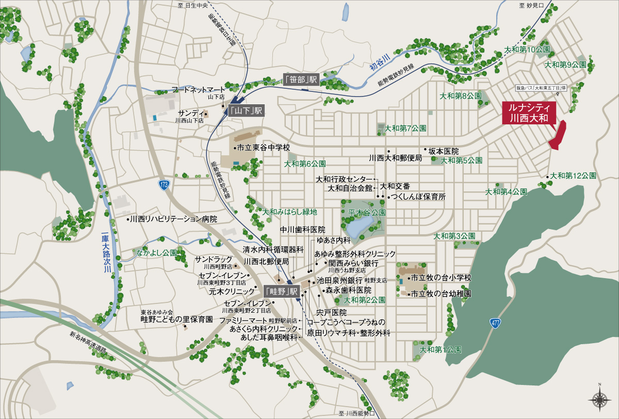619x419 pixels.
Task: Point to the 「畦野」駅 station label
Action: pyautogui.click(x=282, y=291)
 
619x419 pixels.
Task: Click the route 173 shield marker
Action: pyautogui.click(x=164, y=185)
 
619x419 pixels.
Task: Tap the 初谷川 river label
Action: pyautogui.click(x=379, y=62)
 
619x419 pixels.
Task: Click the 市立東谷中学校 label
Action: pyautogui.click(x=264, y=148)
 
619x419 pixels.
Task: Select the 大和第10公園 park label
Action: pyautogui.click(x=527, y=50)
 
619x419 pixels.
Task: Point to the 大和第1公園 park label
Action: pyautogui.click(x=441, y=349)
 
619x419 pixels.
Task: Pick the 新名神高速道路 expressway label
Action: pyautogui.click(x=89, y=342)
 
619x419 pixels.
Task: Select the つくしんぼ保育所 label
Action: pyautogui.click(x=418, y=197)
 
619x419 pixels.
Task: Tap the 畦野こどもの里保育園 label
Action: pyautogui.click(x=176, y=319)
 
